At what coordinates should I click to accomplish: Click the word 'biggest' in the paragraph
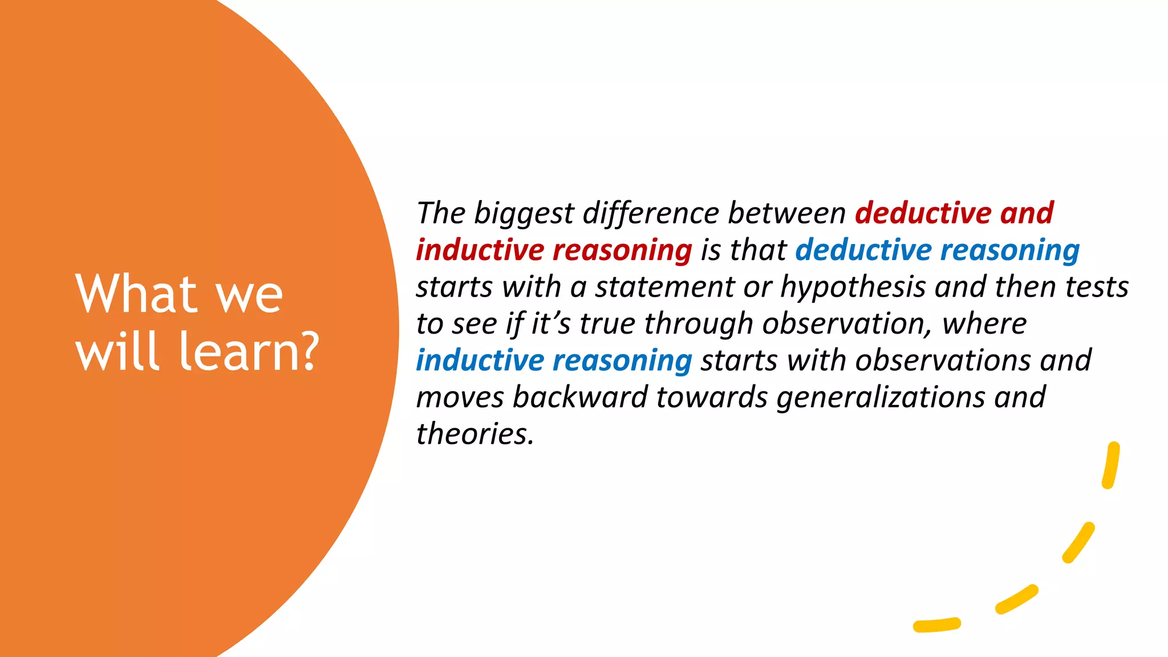(524, 214)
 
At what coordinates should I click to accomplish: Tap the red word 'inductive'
(480, 250)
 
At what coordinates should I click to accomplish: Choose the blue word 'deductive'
(863, 250)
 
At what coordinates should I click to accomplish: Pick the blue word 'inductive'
(480, 360)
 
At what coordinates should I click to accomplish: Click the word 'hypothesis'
(853, 287)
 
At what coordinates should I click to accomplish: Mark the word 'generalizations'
(881, 398)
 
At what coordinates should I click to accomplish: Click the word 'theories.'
(474, 434)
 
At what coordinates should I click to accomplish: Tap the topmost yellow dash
(1111, 465)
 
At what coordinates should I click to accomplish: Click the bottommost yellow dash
(936, 625)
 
